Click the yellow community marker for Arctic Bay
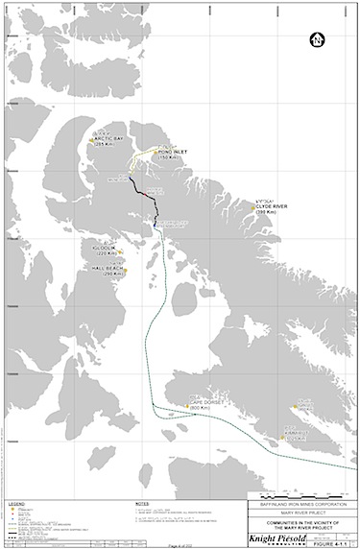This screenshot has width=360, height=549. pos(91,140)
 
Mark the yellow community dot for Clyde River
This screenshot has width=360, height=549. pos(251,204)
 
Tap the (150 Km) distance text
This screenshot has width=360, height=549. pos(171,157)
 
